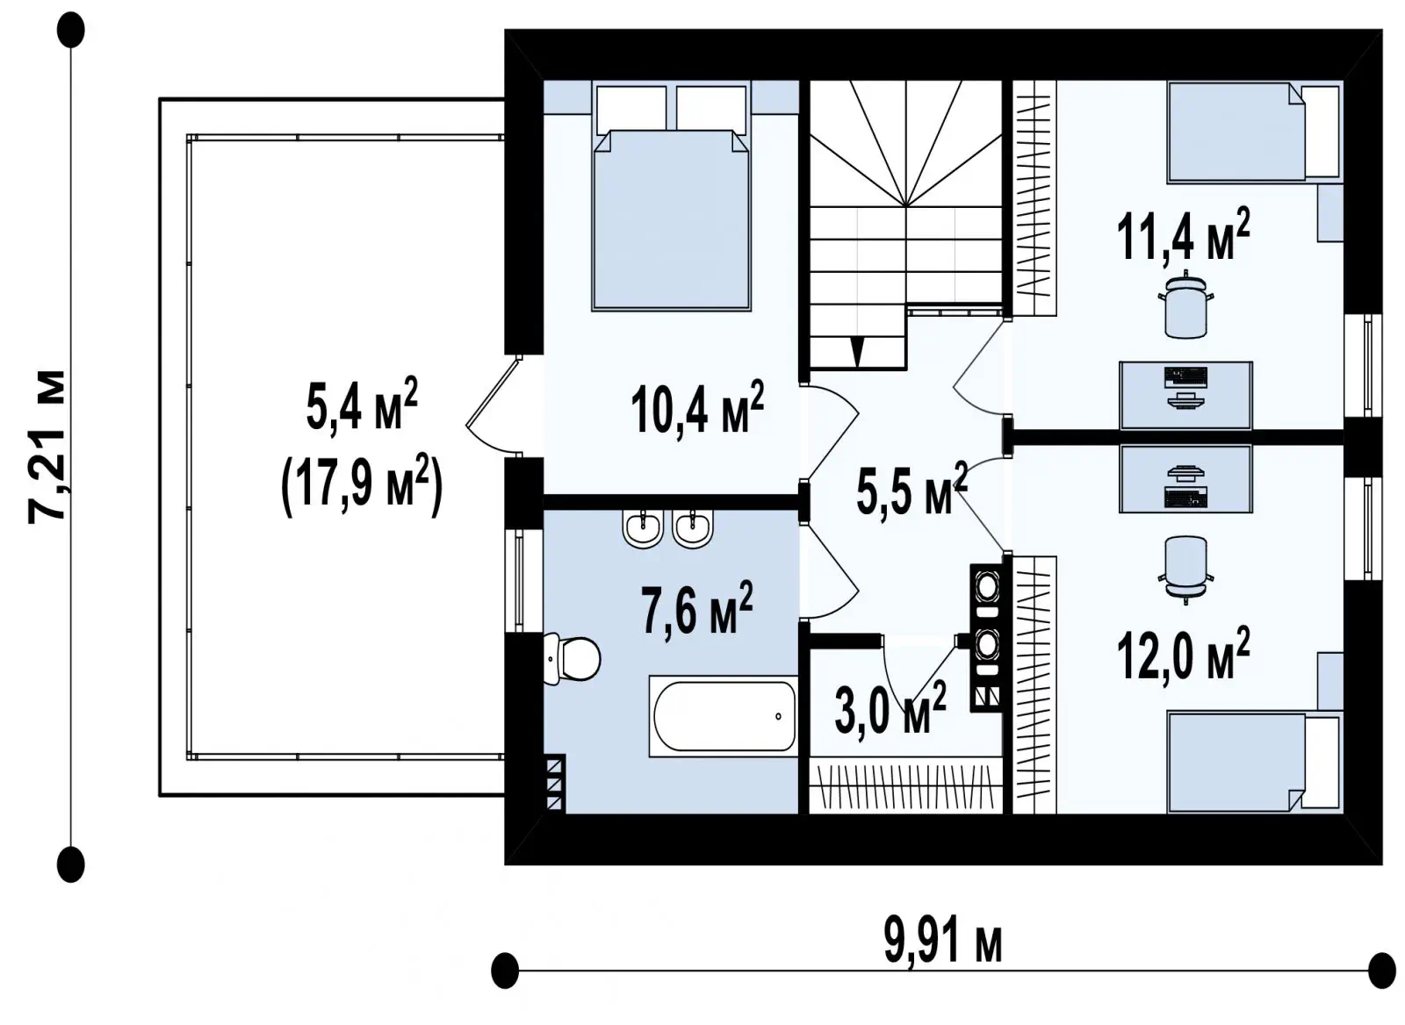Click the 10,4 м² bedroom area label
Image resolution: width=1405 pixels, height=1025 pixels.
697,408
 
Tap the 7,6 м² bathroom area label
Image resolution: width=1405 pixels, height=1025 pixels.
697,607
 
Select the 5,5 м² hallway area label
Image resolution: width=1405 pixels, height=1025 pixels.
911,488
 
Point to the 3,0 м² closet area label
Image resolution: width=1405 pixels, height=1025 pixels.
890,708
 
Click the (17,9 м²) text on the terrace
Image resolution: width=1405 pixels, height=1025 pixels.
362,484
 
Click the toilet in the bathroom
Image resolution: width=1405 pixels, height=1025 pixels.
572,659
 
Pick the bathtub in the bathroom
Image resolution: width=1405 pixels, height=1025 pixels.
724,716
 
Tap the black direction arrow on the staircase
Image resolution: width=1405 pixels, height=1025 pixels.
857,352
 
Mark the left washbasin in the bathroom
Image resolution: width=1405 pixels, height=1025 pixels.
643,528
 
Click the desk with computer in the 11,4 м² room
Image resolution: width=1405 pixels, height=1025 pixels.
1186,396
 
